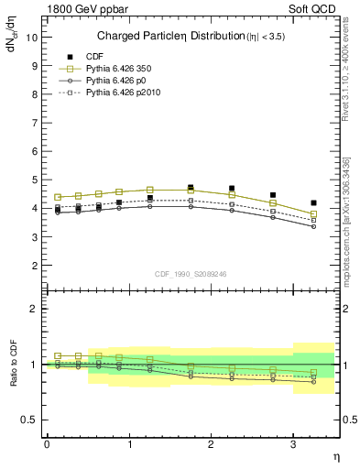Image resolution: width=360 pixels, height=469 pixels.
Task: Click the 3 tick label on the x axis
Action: pos(292,444)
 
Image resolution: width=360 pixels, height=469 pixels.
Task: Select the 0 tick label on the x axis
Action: pos(47,444)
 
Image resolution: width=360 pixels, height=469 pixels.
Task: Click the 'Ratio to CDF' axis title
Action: pos(14,364)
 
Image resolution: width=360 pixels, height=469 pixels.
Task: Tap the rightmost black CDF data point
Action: pos(314,203)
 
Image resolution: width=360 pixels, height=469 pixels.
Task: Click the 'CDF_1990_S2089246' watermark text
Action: pos(190,272)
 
